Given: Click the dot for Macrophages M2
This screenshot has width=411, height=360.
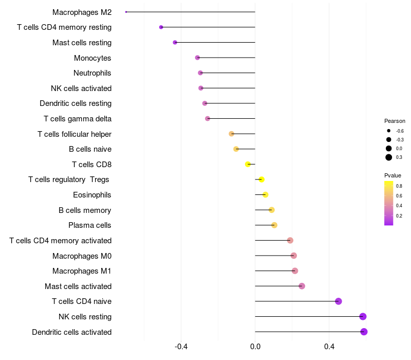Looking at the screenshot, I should pyautogui.click(x=126, y=12).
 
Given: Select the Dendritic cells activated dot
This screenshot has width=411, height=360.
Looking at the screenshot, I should pyautogui.click(x=364, y=332).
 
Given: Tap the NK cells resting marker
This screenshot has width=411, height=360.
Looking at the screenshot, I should pyautogui.click(x=363, y=317).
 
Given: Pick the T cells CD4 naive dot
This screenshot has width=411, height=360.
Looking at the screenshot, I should pyautogui.click(x=338, y=301).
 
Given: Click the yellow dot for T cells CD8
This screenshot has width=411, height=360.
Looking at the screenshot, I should pyautogui.click(x=248, y=165).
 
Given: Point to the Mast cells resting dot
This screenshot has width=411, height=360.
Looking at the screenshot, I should pyautogui.click(x=175, y=43).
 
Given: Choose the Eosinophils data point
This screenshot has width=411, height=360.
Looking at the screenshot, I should pyautogui.click(x=265, y=195).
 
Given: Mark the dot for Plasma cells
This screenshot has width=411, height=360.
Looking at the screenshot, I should pyautogui.click(x=274, y=225).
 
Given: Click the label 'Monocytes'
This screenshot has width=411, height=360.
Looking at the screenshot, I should pyautogui.click(x=92, y=58).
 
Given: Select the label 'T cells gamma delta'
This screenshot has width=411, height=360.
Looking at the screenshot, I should pyautogui.click(x=78, y=119).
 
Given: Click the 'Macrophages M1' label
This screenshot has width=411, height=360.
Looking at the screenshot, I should pyautogui.click(x=82, y=271).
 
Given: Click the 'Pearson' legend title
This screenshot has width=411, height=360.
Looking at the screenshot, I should pyautogui.click(x=395, y=121).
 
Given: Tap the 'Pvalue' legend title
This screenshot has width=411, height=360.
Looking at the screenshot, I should pyautogui.click(x=393, y=175).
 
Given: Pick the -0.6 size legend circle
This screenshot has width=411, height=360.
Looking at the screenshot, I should pyautogui.click(x=389, y=131).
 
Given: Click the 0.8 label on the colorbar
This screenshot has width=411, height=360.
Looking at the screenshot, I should pyautogui.click(x=399, y=186).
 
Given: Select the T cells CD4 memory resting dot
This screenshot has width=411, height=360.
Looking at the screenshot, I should pyautogui.click(x=161, y=27).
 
